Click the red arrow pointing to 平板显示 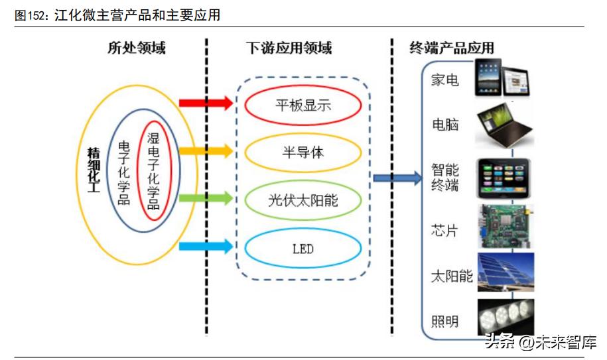click(206, 103)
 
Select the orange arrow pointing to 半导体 click(206, 151)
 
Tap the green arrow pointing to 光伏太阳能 click(206, 198)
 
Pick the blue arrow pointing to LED click(206, 246)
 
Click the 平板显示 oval click(303, 105)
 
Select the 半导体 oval click(303, 152)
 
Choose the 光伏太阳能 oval click(303, 200)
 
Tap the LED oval click(303, 249)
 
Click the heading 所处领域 click(137, 48)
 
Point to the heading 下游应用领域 click(289, 48)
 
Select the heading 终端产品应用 click(452, 48)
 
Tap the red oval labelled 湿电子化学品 click(153, 170)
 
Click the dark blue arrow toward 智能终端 click(397, 178)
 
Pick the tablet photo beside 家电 click(504, 77)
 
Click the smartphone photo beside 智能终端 click(504, 178)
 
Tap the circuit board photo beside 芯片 click(504, 227)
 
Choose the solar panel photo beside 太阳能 click(504, 274)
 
